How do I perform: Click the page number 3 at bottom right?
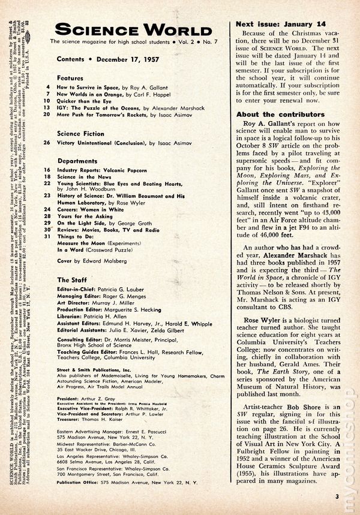337,495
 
